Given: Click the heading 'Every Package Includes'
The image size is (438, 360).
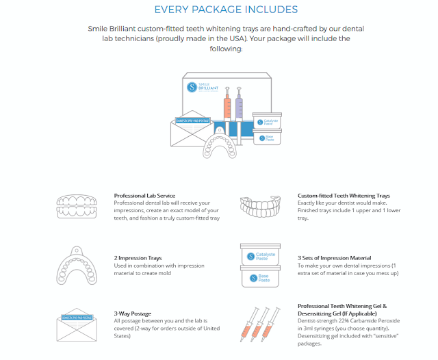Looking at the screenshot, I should [x=225, y=9].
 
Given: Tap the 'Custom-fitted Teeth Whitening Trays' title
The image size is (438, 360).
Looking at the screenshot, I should [x=344, y=196].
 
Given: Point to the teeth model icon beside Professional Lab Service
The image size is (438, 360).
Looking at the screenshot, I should [x=81, y=207].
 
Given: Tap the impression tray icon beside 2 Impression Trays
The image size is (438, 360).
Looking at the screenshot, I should [x=81, y=263].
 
